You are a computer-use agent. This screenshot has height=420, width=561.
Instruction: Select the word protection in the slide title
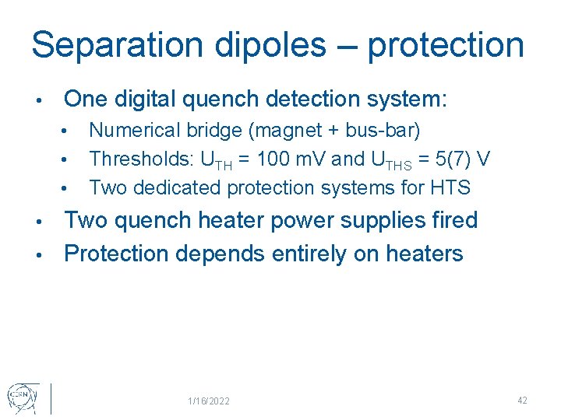coord(446,46)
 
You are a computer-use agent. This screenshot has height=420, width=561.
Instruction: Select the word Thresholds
coord(140,159)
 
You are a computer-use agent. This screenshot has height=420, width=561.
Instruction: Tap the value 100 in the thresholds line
coord(276,159)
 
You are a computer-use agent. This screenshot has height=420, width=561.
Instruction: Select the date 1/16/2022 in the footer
coord(209,401)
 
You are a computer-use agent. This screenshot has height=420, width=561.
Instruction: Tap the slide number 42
coord(522,400)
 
